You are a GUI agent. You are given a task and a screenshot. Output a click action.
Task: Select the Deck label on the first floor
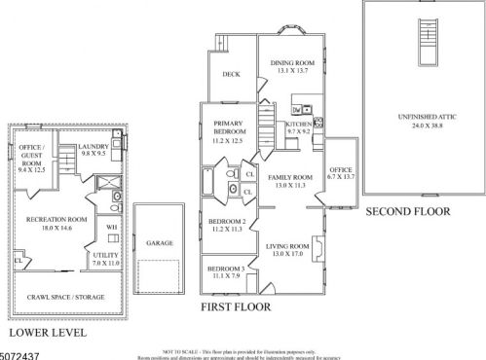click(x=231, y=74)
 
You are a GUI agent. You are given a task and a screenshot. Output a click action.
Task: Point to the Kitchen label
click(x=298, y=126)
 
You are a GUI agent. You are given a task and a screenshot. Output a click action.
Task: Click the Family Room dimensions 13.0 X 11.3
click(x=289, y=185)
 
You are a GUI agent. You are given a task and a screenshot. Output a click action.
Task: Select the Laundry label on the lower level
click(x=97, y=148)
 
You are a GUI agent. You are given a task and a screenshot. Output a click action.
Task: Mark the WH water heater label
click(x=112, y=227)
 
